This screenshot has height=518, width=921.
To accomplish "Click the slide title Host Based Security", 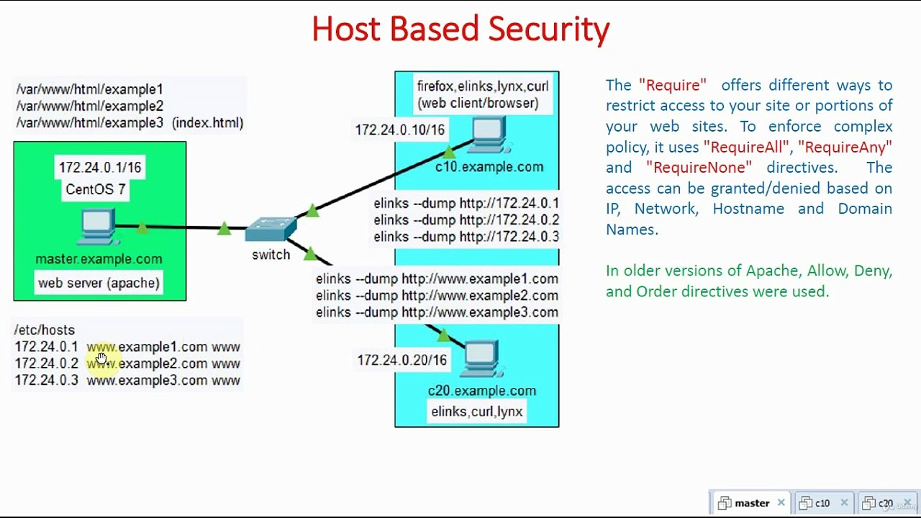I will pos(460,29).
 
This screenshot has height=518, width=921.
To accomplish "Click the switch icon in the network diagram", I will pos(271,230).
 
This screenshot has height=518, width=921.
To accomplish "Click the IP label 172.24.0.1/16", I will pos(100,168).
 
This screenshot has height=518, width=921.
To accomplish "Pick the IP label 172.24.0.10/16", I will pos(399,130).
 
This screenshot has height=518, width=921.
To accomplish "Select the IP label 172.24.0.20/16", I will pos(401,360).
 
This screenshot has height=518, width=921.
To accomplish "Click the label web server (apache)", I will pos(99,283).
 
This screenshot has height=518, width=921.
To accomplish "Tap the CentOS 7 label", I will pos(96,190).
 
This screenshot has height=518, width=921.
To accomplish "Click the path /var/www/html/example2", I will pos(90,106).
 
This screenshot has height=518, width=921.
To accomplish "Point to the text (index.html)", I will pos(207,123).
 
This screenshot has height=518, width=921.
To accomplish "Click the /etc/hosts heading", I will pos(45,330).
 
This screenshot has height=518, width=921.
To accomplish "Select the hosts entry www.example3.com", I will pos(147,381).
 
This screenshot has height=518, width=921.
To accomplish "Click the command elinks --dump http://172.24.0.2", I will pos(466,220).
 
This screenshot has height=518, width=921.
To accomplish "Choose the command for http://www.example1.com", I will pos(437,279).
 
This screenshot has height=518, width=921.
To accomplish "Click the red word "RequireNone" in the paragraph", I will pos(699,168).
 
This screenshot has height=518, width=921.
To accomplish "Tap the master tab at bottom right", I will pos(751,503).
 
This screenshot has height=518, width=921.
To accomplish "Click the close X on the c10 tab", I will pos(844,503).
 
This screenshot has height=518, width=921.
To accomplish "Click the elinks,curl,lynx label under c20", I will pos(476,412).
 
